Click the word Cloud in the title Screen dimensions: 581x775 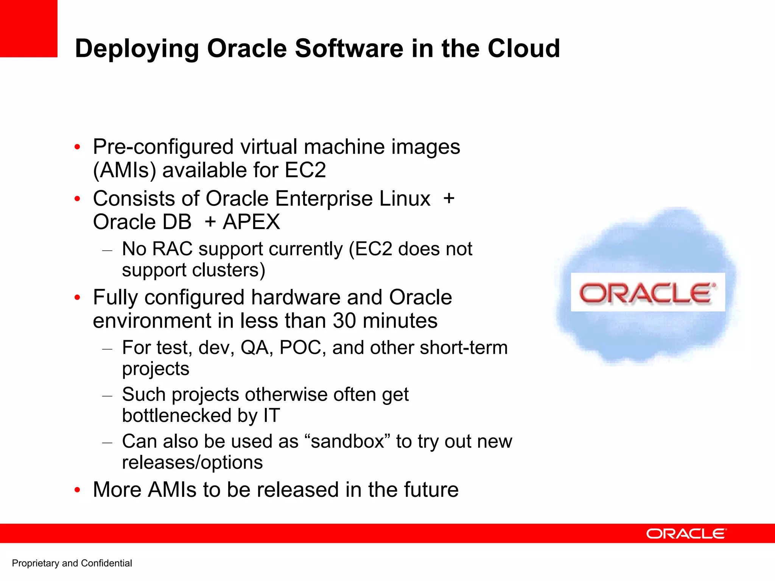[x=523, y=48]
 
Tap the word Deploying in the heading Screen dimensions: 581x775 [x=137, y=49]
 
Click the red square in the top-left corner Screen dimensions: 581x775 [x=28, y=28]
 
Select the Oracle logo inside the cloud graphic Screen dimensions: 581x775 [x=647, y=292]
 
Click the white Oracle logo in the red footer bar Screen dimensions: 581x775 [x=686, y=534]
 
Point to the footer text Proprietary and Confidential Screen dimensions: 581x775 [x=72, y=563]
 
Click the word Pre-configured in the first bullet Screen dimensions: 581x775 [x=163, y=147]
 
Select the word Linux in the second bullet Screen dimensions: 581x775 [x=405, y=199]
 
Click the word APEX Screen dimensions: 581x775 [x=251, y=222]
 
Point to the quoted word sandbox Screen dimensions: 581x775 [x=347, y=442]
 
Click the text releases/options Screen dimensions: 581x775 [x=192, y=462]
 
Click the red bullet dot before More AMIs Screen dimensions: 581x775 [x=78, y=490]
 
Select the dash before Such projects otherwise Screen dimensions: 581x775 [x=107, y=396]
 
